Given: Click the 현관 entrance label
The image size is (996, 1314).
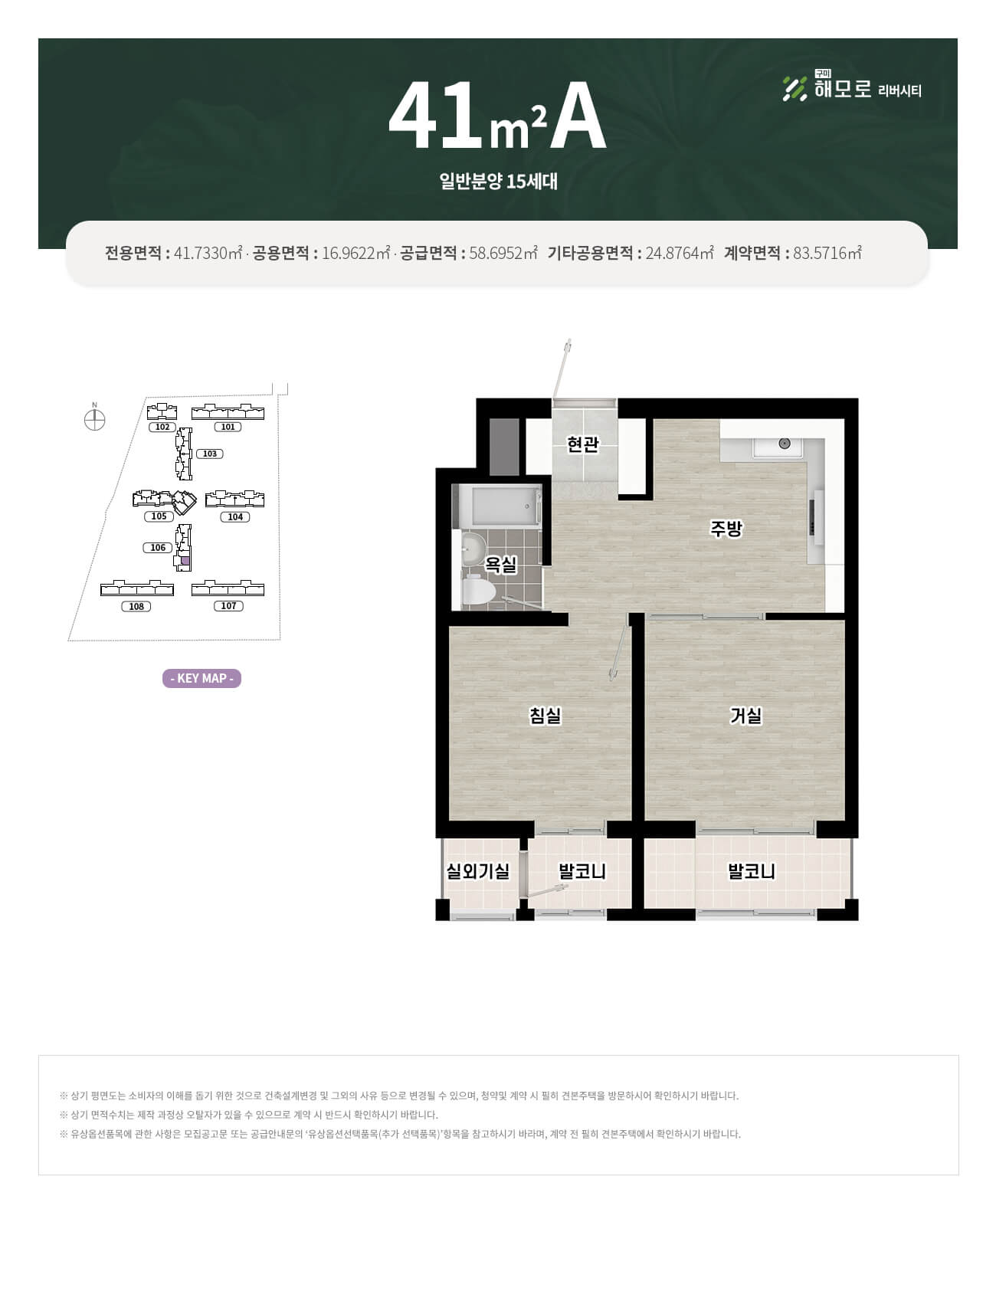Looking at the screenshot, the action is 582,444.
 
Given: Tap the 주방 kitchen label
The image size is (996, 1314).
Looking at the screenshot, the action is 726,529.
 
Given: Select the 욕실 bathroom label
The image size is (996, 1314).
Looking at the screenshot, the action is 501,565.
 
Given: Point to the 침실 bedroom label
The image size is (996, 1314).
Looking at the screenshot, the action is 546,716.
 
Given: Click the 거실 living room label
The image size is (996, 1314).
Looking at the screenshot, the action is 746,716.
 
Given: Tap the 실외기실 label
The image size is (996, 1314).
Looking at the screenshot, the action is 478,871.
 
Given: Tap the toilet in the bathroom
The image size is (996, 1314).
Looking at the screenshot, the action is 478,591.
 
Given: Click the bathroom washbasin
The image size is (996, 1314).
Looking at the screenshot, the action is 472,548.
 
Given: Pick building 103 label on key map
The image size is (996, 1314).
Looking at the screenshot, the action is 210,454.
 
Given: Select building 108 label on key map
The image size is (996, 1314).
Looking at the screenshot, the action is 136,606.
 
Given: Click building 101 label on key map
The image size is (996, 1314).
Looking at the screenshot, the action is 228,427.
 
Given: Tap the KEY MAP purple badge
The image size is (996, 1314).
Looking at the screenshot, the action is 201,678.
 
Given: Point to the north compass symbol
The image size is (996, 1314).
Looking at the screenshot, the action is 94,420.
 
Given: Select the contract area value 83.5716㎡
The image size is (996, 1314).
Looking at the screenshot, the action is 827,253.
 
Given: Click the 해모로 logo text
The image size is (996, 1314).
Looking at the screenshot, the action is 843,90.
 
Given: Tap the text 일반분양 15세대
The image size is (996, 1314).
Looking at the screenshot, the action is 498,182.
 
